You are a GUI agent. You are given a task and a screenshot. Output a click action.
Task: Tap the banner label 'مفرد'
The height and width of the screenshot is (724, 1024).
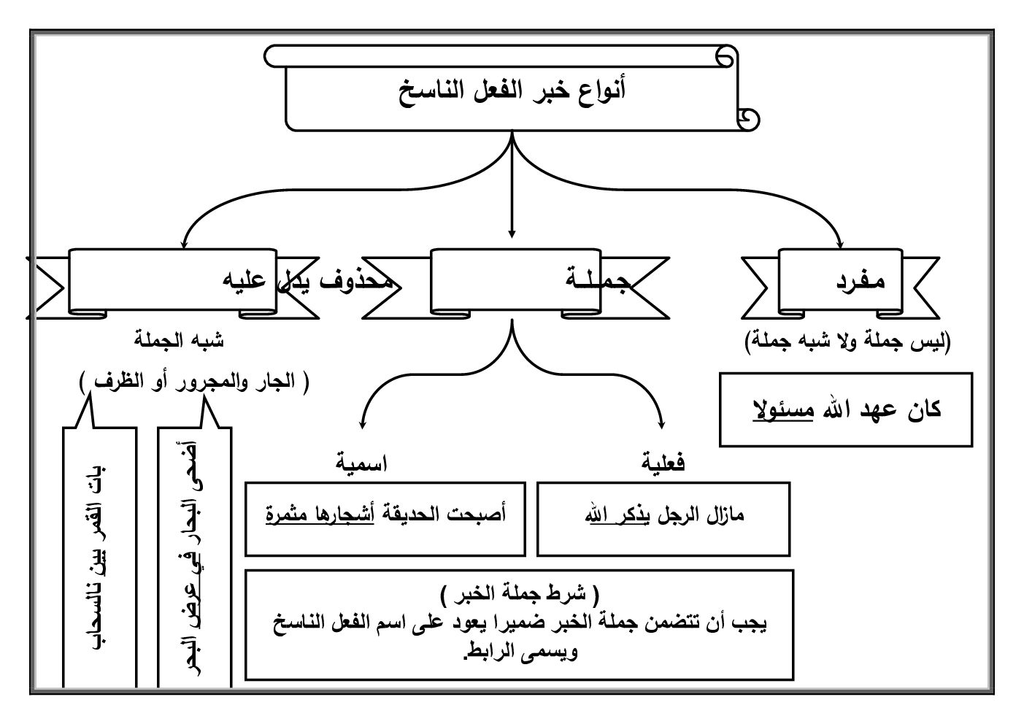click(861, 281)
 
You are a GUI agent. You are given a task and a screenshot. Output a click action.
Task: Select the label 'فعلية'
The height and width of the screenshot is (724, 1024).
click(663, 463)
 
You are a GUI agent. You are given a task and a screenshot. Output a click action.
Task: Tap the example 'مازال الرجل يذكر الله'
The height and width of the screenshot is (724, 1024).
click(663, 516)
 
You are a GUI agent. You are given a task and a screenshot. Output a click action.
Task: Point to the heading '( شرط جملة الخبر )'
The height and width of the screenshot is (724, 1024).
click(520, 593)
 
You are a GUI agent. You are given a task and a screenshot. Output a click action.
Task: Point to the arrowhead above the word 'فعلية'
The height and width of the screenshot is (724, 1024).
click(662, 423)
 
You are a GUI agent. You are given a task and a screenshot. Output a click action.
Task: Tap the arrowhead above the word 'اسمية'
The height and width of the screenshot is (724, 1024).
click(363, 423)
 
